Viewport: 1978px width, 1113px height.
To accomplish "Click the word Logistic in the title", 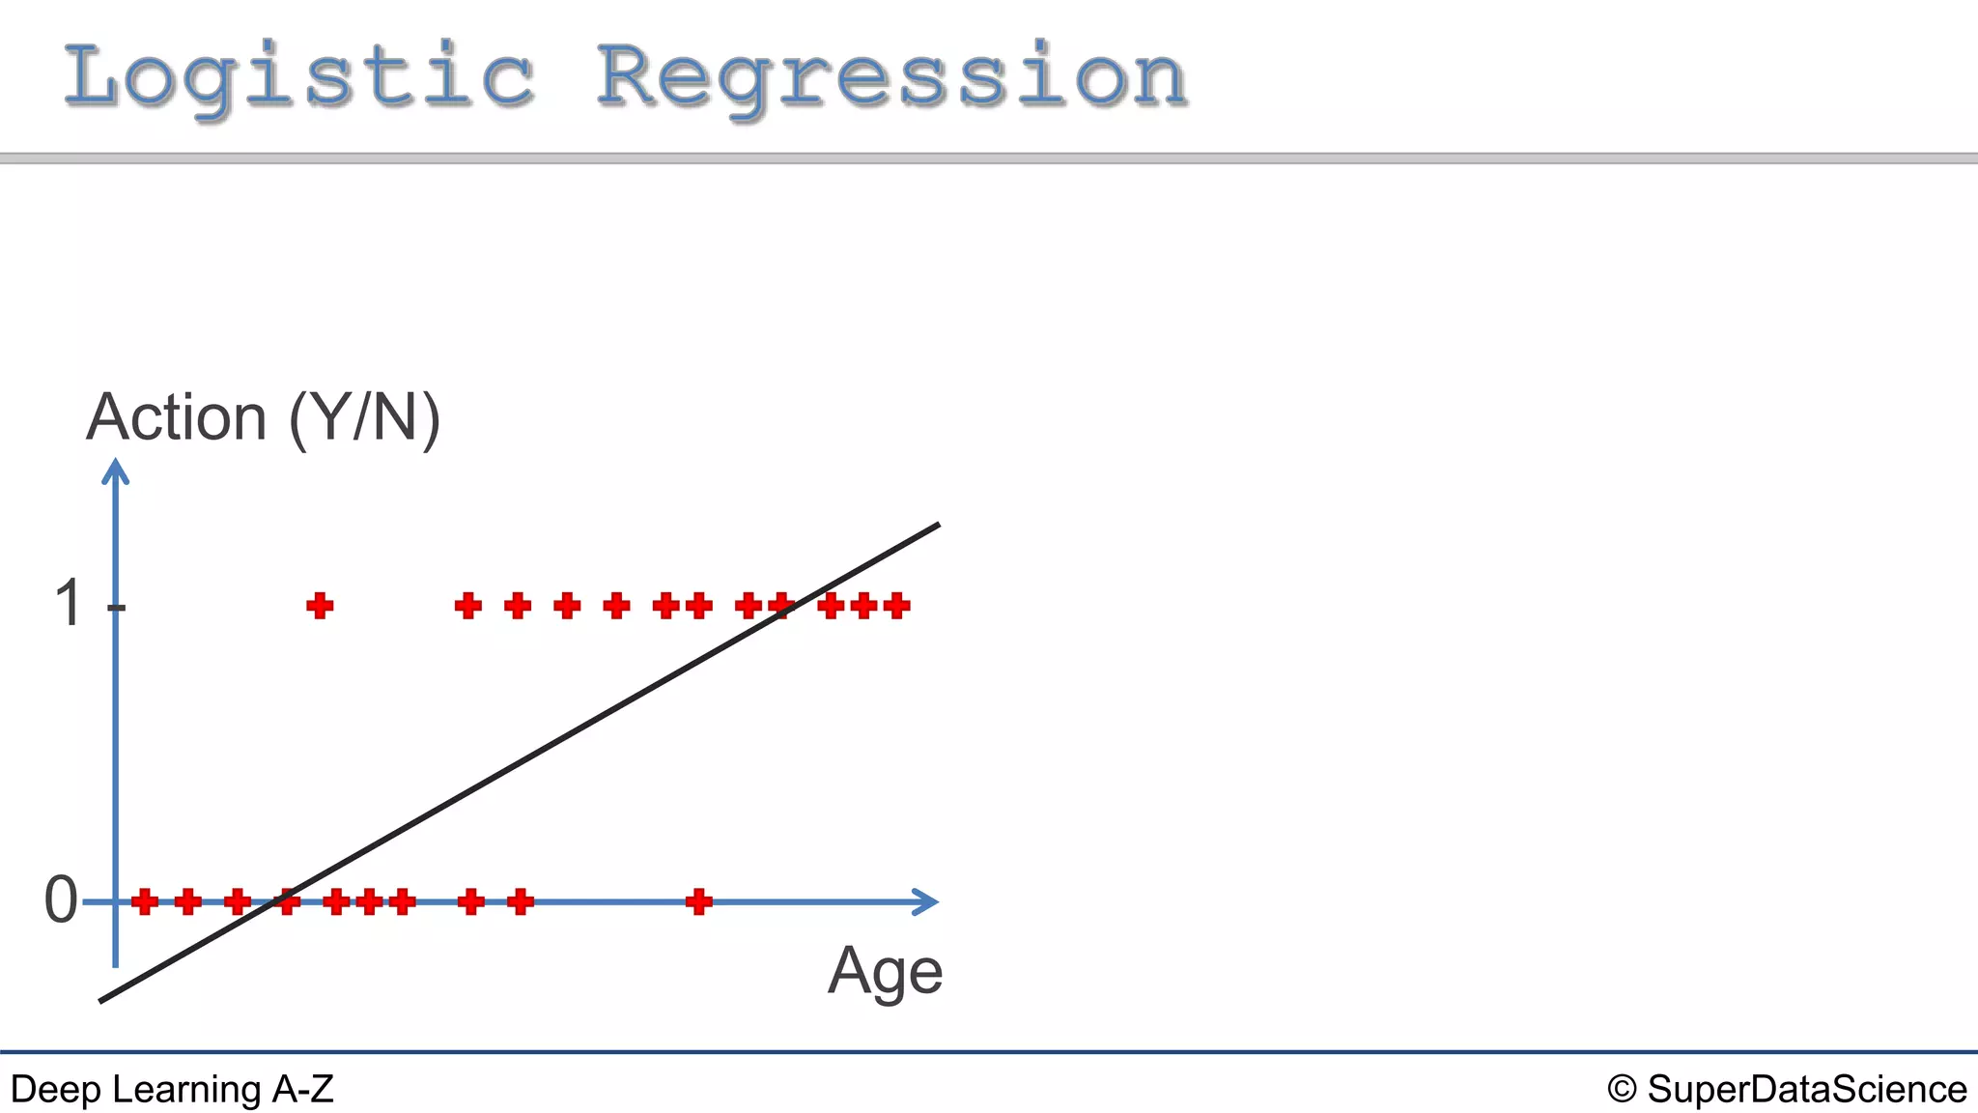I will click(x=299, y=77).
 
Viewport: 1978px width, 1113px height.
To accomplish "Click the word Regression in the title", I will click(x=890, y=77).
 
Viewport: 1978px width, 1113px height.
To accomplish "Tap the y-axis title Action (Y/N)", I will click(x=263, y=418).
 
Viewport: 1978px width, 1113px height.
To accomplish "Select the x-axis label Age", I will click(x=885, y=971).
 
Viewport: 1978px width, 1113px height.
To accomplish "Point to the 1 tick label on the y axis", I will click(x=69, y=604).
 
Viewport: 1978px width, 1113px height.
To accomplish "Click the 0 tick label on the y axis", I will click(x=61, y=900).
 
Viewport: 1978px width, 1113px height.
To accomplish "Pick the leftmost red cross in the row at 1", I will click(x=320, y=606).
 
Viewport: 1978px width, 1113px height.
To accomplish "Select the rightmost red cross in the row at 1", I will click(x=896, y=606).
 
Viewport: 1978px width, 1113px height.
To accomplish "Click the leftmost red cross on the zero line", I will click(x=145, y=901).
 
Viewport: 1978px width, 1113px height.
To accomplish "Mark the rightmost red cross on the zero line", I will click(x=698, y=901).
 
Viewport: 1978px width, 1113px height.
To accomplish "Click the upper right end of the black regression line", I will click(x=937, y=526).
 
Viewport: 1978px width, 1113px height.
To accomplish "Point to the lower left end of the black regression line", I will click(x=102, y=1000).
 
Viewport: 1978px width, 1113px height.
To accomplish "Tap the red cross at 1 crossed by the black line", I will click(x=780, y=606).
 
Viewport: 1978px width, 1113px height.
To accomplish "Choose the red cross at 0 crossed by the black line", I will click(x=287, y=901).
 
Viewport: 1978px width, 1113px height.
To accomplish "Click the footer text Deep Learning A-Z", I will click(x=172, y=1090).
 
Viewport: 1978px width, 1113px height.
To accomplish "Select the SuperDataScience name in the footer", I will click(x=1806, y=1090).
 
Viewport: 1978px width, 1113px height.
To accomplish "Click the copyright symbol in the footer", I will click(x=1622, y=1090).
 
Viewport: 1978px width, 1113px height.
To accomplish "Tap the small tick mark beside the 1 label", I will click(x=117, y=607).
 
